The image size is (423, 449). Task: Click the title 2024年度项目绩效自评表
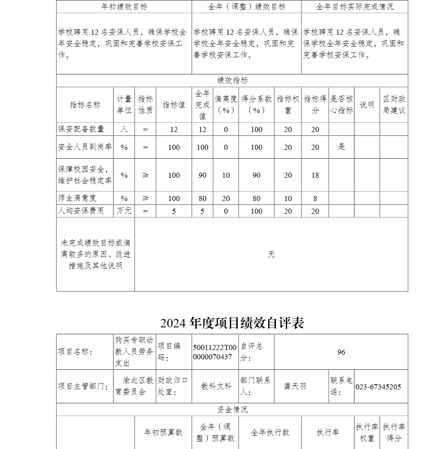click(x=232, y=323)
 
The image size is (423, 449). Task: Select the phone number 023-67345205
click(x=378, y=387)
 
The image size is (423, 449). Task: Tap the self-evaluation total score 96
click(x=341, y=352)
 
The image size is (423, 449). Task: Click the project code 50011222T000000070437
click(x=215, y=352)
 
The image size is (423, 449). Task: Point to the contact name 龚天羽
click(x=295, y=387)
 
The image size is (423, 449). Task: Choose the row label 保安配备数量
click(x=81, y=129)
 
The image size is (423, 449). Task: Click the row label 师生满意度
click(x=77, y=198)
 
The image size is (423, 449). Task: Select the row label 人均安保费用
click(x=81, y=211)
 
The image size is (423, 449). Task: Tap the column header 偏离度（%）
click(x=225, y=105)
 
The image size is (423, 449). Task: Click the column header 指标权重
click(x=288, y=105)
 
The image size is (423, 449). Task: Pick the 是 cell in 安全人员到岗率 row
click(x=341, y=147)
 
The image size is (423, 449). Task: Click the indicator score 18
click(x=315, y=175)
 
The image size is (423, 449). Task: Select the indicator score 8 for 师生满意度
click(x=315, y=198)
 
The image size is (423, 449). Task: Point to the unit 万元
click(x=124, y=211)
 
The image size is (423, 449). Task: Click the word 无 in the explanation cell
click(x=271, y=254)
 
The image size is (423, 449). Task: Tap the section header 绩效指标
click(x=232, y=80)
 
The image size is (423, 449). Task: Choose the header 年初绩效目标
click(x=124, y=7)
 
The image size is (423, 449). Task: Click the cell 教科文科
click(x=216, y=387)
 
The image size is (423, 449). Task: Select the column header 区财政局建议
click(x=394, y=105)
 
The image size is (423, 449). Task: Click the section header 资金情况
click(x=232, y=410)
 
